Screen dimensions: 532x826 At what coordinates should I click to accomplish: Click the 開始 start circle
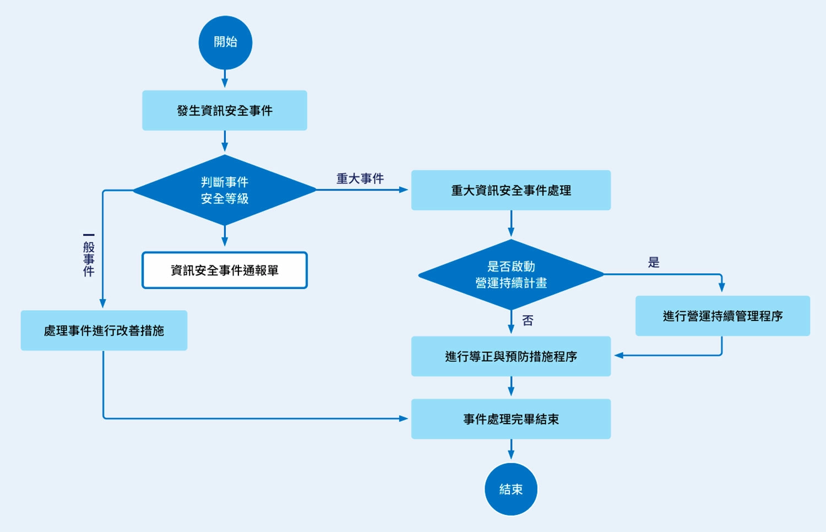click(225, 42)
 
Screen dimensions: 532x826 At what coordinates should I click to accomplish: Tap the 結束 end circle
click(510, 489)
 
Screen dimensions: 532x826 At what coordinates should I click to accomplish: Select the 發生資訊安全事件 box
click(225, 111)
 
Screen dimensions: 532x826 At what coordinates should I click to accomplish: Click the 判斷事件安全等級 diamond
click(225, 190)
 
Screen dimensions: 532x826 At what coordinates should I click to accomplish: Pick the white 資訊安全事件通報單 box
click(225, 270)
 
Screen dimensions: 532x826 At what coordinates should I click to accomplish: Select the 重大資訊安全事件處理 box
click(510, 191)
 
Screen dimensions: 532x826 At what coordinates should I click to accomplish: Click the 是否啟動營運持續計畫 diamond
click(510, 274)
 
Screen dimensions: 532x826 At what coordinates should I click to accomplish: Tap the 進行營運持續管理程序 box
click(722, 316)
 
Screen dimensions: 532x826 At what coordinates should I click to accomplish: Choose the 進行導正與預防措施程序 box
click(510, 356)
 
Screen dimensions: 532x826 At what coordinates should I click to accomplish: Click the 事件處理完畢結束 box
click(510, 419)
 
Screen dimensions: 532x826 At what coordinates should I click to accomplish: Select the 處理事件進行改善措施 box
click(104, 330)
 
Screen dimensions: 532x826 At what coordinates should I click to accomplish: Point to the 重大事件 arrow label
click(360, 178)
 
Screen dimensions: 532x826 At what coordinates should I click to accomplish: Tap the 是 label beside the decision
click(654, 263)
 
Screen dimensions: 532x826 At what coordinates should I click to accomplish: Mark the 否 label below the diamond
click(528, 321)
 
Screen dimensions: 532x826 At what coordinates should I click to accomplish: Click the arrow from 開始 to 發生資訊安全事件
click(225, 79)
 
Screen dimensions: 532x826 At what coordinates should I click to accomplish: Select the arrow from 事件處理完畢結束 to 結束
click(511, 449)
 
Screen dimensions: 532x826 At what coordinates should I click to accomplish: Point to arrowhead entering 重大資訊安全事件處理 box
click(404, 190)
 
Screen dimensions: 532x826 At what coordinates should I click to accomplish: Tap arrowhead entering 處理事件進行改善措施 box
click(102, 303)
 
